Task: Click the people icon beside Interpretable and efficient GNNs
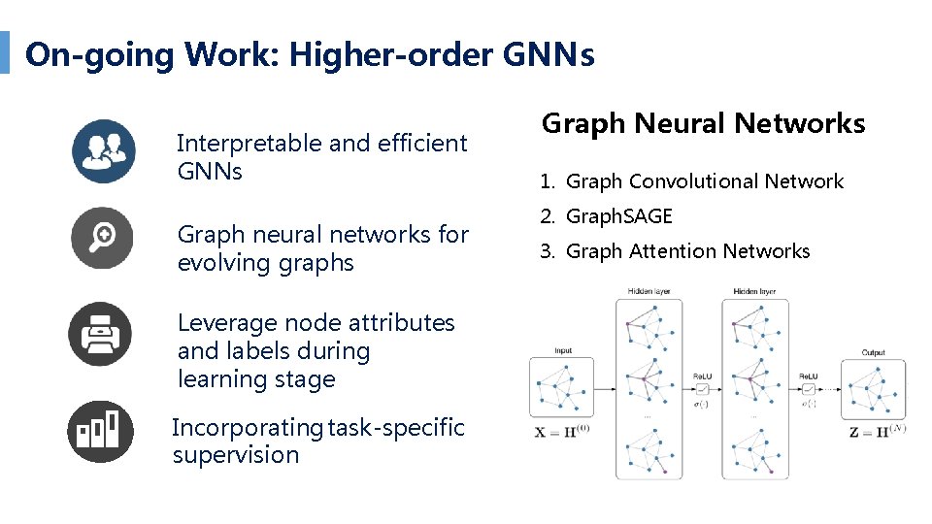pos(103,151)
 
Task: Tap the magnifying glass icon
pos(103,238)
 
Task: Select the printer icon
pos(99,335)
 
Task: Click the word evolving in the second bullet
pos(221,263)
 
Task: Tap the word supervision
pos(236,455)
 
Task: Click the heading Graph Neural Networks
pos(703,124)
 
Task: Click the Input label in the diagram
pos(563,350)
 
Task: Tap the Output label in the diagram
pos(874,353)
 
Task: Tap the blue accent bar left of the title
pos(5,52)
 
